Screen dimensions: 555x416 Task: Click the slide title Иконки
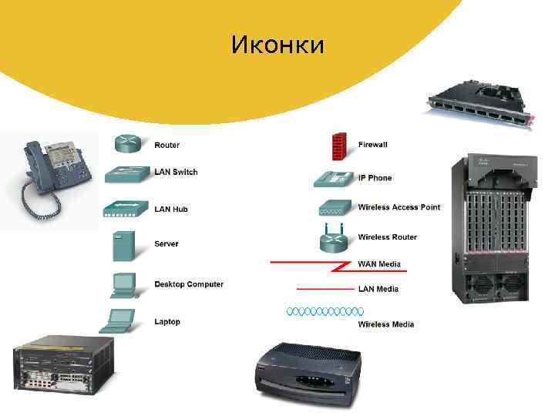(x=277, y=45)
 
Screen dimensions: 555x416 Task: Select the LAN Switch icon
(x=125, y=175)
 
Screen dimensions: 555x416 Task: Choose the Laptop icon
(x=122, y=320)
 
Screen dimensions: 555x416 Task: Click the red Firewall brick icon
(x=338, y=145)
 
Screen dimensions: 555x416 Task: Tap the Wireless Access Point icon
(x=335, y=208)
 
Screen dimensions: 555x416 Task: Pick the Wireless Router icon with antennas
(x=335, y=238)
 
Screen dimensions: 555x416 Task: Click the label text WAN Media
(x=379, y=264)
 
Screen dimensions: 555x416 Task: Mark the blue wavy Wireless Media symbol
(x=325, y=311)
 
